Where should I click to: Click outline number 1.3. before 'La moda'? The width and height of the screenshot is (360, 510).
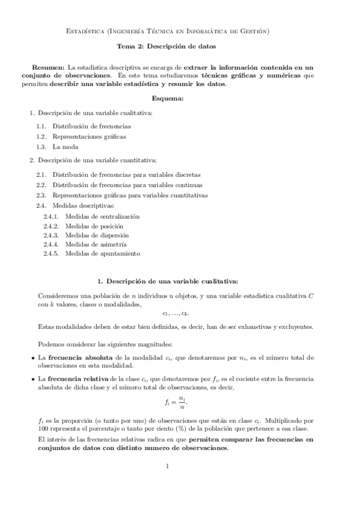pos(41,146)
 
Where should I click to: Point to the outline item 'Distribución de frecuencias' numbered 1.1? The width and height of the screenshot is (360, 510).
pos(91,126)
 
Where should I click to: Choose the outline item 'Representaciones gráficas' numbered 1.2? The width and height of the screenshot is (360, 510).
pos(89,137)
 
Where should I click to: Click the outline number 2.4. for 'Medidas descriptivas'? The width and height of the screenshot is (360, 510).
pos(41,206)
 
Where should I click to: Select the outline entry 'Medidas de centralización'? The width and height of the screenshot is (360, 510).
pos(102,215)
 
